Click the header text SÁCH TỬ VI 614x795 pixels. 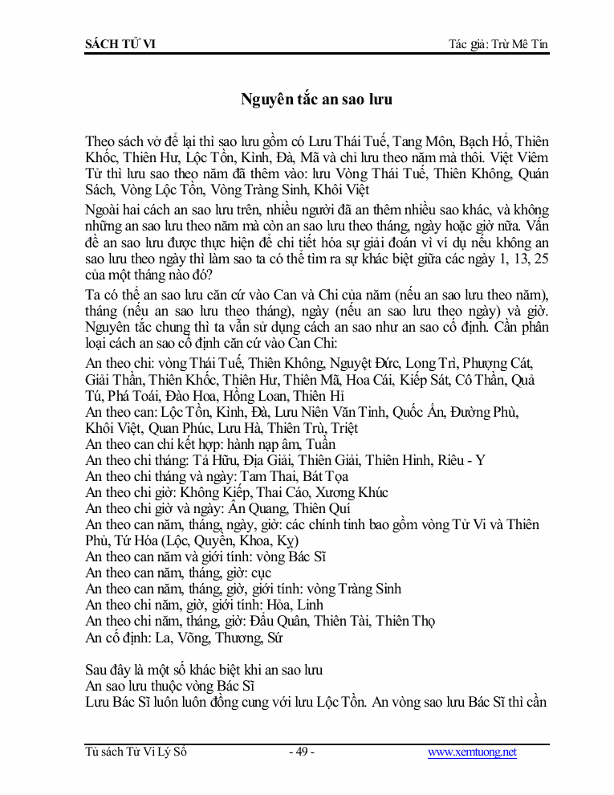120,44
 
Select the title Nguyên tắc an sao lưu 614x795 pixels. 316,100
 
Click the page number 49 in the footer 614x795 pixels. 302,752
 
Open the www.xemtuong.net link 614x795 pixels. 472,752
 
